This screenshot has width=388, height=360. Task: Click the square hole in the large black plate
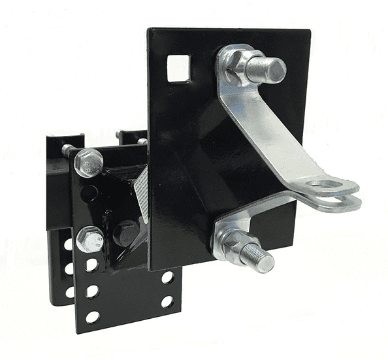(x=178, y=67)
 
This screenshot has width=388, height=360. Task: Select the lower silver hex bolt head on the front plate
(x=89, y=239)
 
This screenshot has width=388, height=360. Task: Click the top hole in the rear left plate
(x=69, y=245)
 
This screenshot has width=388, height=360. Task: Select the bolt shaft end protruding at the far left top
(x=66, y=150)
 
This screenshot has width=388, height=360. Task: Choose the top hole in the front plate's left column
(x=91, y=265)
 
